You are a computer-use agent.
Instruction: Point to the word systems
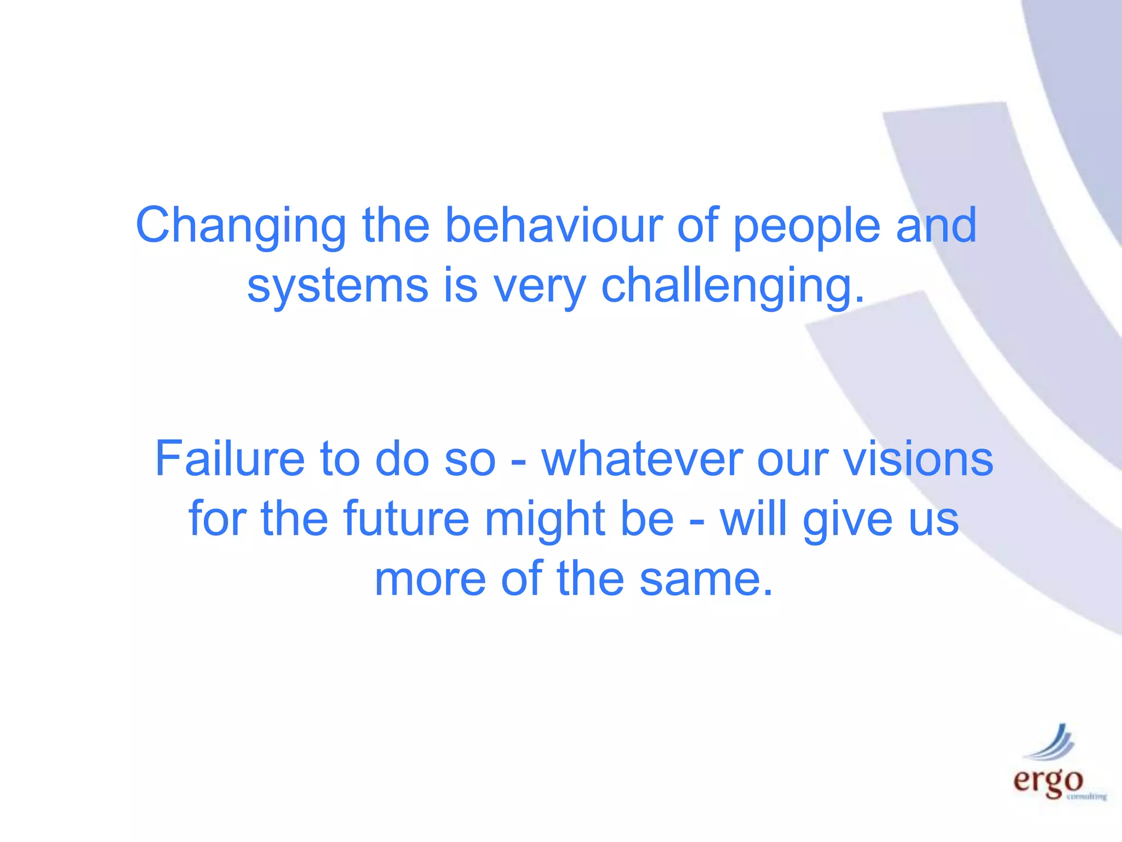coord(337,286)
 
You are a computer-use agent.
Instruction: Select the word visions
coord(918,459)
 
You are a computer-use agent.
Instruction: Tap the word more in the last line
coord(430,580)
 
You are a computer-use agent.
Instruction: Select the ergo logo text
coord(1047,781)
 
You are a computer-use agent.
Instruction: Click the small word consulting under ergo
coord(1086,797)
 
